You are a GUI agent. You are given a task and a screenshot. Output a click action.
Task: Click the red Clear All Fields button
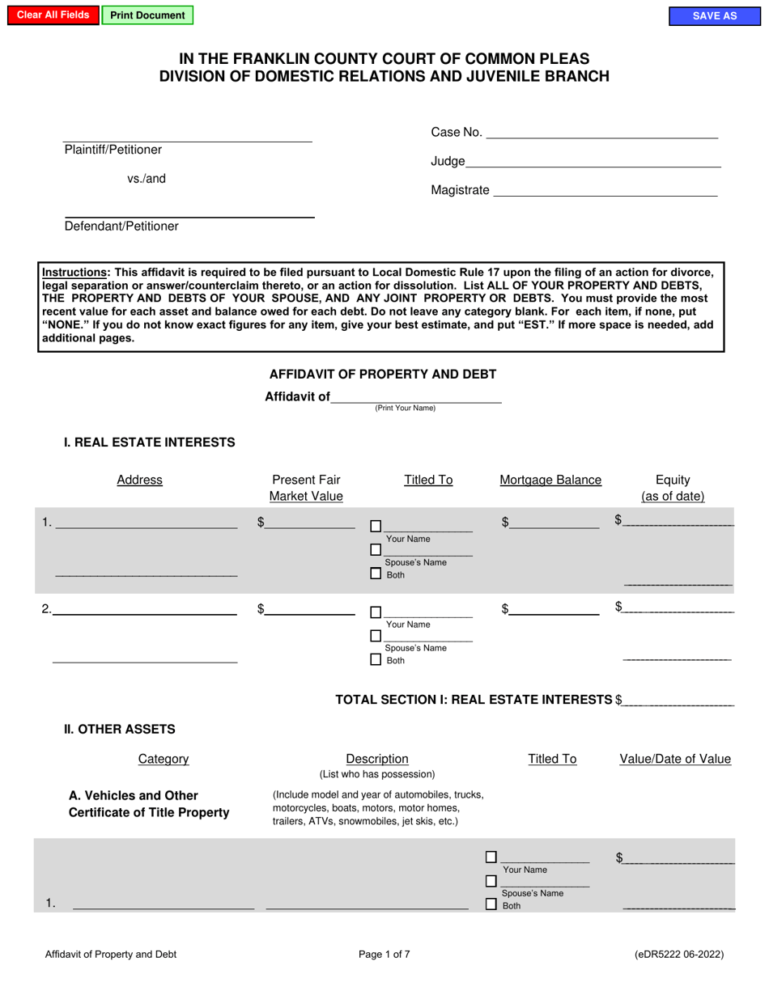click(53, 15)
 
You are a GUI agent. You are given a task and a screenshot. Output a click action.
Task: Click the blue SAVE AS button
click(714, 16)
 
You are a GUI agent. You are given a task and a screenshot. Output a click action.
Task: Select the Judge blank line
click(593, 161)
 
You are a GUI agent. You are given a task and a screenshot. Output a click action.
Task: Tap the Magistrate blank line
click(605, 190)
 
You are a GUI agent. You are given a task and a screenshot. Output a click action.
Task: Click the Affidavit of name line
click(416, 396)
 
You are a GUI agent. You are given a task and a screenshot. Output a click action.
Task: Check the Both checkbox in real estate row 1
click(376, 574)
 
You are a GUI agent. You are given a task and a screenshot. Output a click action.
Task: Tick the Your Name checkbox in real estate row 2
click(376, 612)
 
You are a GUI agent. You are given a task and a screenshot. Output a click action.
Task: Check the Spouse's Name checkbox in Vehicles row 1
click(491, 881)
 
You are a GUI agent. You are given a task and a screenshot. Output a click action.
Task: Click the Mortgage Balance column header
click(550, 480)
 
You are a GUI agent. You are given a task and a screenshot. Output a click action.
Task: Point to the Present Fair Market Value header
click(306, 488)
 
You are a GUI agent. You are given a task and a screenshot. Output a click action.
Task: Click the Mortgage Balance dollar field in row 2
click(554, 609)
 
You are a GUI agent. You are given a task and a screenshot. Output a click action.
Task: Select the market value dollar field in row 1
click(310, 523)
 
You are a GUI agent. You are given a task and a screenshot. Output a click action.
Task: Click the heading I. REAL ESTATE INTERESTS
click(150, 442)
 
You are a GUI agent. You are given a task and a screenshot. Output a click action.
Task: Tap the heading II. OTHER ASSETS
click(120, 729)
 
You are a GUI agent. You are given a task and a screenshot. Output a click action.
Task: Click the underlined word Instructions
click(75, 273)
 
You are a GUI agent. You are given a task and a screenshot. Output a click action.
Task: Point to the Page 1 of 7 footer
click(384, 954)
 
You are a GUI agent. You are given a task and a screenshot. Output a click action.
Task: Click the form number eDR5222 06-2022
click(679, 954)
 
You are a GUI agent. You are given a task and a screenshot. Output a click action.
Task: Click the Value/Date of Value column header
click(675, 759)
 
